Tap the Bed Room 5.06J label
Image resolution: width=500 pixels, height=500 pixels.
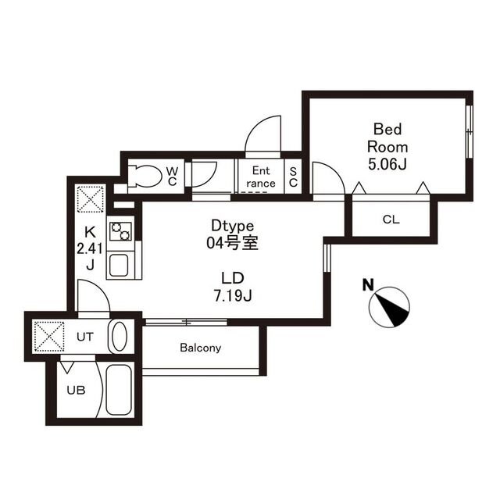tap(387, 147)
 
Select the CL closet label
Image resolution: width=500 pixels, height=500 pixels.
tap(391, 220)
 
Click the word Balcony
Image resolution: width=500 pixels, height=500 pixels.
tap(201, 347)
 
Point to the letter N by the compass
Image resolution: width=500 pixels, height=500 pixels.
tap(368, 284)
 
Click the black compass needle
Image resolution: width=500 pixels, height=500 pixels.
tap(391, 309)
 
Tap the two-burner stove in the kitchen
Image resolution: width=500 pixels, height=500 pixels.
tap(120, 231)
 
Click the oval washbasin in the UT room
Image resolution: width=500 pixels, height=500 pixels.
tap(120, 336)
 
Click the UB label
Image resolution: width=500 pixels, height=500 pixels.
tap(77, 390)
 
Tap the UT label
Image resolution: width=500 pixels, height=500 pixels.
tap(85, 337)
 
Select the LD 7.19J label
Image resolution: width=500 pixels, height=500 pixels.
tap(233, 287)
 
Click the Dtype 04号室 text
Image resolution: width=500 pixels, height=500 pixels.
tap(232, 234)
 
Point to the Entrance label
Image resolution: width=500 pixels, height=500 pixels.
tap(261, 177)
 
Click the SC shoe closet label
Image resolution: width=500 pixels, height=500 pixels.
tap(293, 177)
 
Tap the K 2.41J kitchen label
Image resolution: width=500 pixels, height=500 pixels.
tap(90, 248)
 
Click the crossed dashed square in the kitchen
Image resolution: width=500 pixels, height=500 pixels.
tap(91, 199)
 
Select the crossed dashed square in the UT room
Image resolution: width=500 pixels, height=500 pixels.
tap(49, 337)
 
